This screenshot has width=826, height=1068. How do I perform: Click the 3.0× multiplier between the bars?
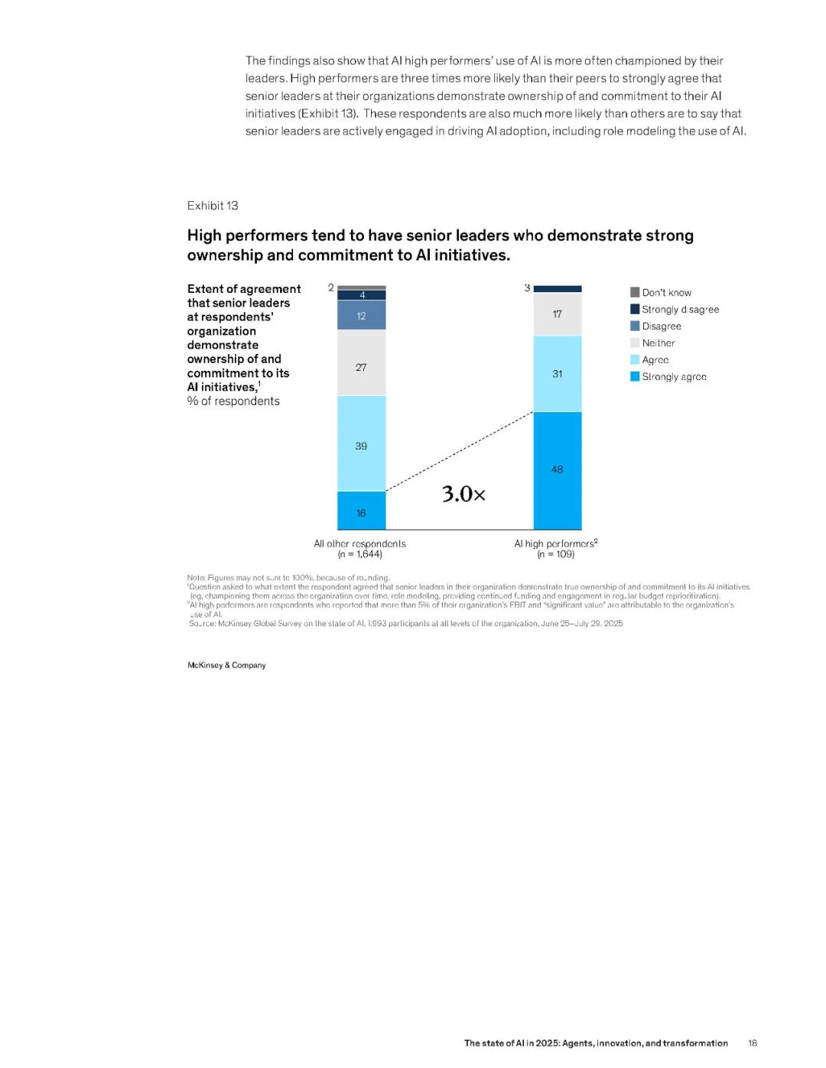(463, 494)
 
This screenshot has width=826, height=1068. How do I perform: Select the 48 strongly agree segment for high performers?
(558, 470)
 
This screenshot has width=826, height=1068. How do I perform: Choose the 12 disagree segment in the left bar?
(361, 315)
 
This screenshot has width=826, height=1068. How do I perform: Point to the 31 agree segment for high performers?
(558, 374)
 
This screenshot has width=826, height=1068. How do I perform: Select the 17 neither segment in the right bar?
(558, 314)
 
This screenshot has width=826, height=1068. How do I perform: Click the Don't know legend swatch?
(635, 292)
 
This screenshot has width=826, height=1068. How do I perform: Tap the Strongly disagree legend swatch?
(635, 309)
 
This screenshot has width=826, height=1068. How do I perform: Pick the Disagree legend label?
(662, 326)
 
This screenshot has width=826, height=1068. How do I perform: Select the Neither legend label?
(659, 343)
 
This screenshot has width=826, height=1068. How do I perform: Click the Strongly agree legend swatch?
(635, 376)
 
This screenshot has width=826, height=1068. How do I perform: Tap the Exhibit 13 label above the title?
(213, 206)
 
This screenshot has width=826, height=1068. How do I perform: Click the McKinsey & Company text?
(226, 665)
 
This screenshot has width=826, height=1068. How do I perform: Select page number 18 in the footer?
(753, 1043)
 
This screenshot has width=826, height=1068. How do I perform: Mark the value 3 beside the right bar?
(527, 288)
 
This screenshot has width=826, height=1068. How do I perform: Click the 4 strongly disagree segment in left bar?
(362, 295)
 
